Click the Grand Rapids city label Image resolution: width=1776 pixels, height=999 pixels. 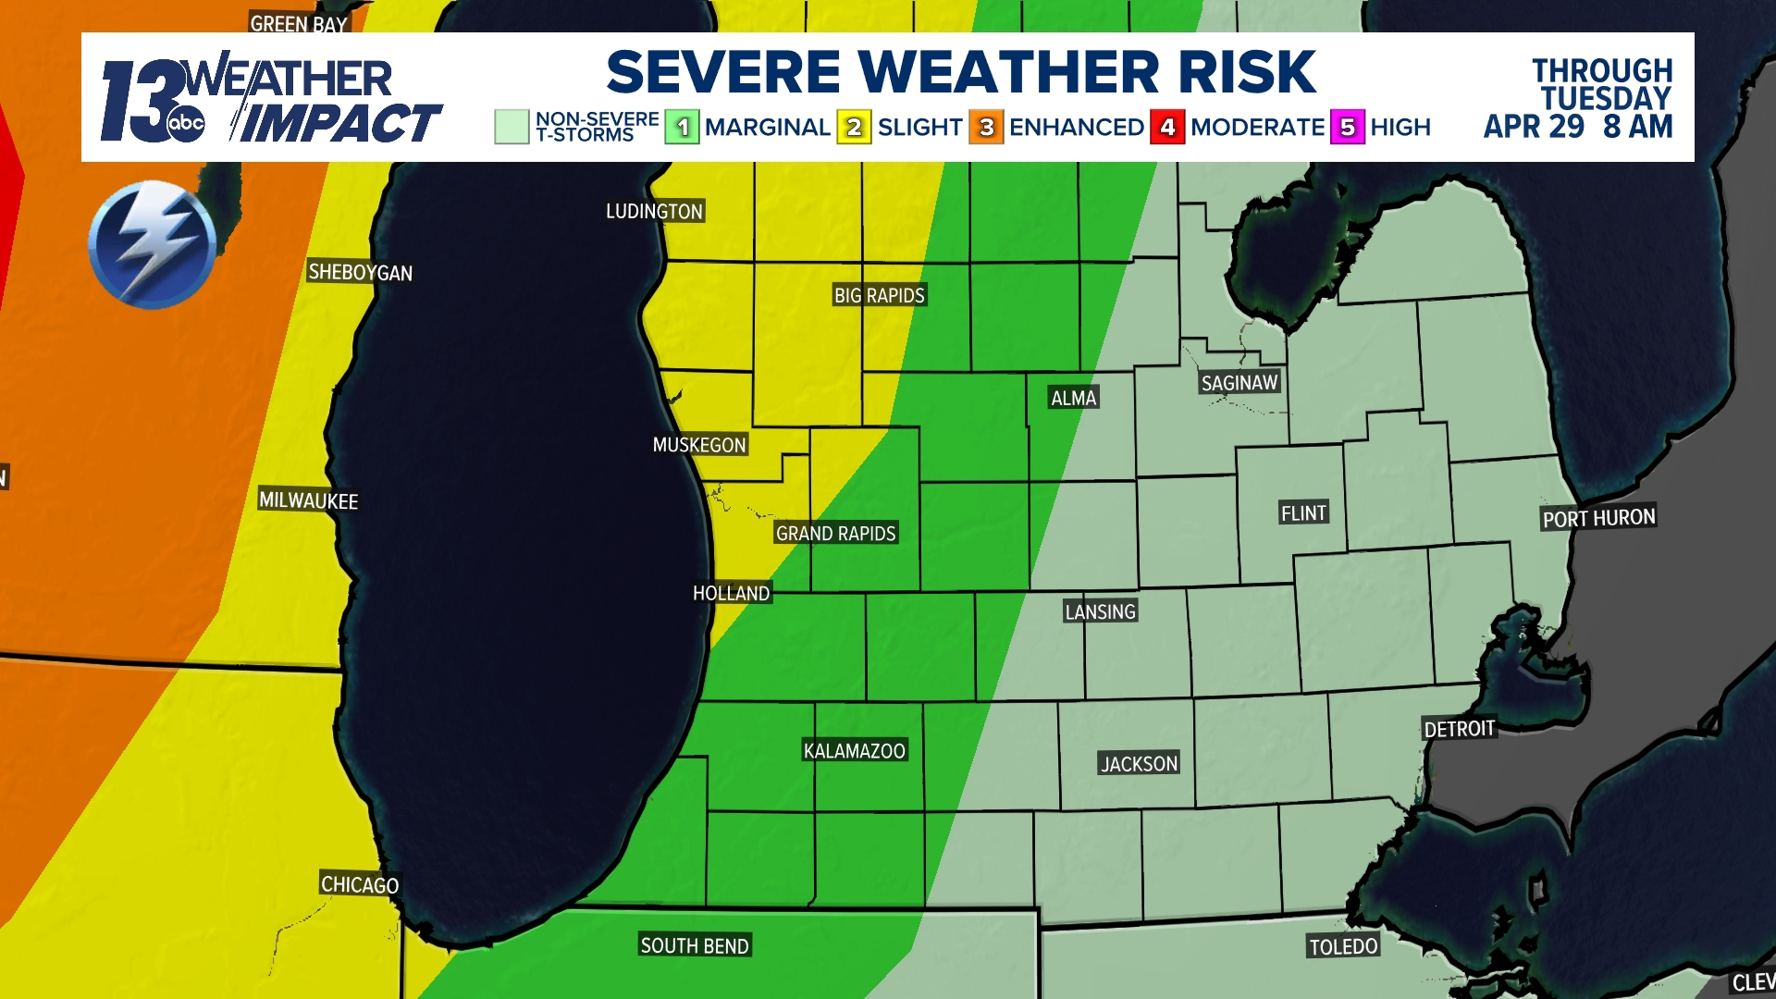point(835,534)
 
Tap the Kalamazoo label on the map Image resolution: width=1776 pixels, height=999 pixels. point(854,751)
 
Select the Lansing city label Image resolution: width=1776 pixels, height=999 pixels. point(1100,611)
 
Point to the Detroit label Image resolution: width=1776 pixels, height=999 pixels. point(1459,729)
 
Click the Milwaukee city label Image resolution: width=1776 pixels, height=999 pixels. point(308,500)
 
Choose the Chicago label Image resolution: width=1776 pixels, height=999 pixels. point(360,884)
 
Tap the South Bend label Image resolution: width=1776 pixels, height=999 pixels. point(695,945)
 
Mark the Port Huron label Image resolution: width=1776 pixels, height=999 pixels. point(1598,518)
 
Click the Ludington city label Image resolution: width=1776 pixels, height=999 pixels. point(654,212)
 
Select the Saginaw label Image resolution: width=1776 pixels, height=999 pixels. point(1239,383)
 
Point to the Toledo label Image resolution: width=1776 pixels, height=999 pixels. point(1343,946)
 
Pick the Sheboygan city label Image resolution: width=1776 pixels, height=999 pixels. point(360,272)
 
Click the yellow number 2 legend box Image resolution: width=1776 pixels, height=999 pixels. point(854,128)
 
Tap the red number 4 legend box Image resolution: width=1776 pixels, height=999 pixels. point(1167,128)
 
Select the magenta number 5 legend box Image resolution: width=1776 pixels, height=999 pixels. point(1347,128)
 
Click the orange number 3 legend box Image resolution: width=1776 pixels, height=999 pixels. point(986,128)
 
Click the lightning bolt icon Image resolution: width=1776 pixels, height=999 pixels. point(153,244)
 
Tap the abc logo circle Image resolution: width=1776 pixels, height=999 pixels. point(186,124)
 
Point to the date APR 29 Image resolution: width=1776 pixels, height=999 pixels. point(1534,127)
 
